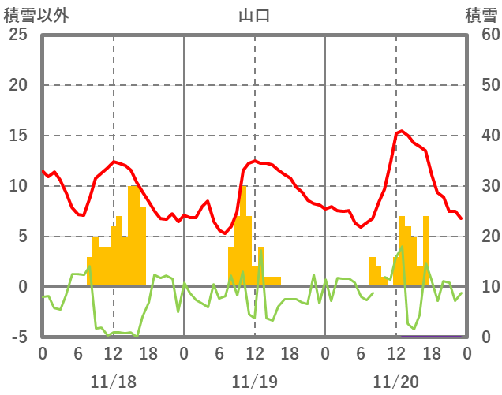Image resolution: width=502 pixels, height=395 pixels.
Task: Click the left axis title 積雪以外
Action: click(x=35, y=15)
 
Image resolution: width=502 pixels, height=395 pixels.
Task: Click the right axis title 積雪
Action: click(x=481, y=15)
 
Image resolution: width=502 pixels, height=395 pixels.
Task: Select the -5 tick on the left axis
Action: click(x=20, y=337)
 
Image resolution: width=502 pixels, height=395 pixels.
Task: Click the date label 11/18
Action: click(x=113, y=382)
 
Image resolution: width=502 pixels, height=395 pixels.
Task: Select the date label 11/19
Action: click(x=254, y=382)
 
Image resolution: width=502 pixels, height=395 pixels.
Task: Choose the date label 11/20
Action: click(x=395, y=382)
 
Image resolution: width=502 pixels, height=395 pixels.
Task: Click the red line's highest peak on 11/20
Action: click(x=402, y=131)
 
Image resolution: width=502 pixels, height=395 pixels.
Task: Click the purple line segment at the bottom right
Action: click(x=430, y=337)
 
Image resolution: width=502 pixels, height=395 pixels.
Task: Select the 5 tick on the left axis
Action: click(x=22, y=237)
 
